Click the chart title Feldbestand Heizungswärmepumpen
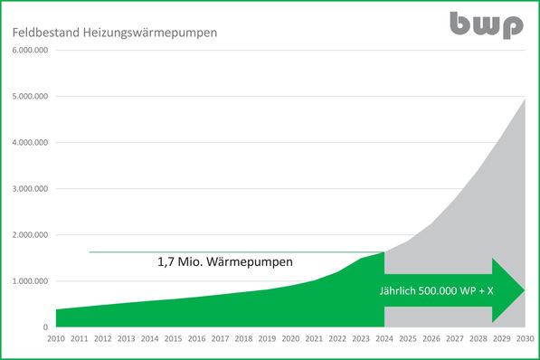(113, 33)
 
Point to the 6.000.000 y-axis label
(30, 50)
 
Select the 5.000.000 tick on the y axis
(30, 96)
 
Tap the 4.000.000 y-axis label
(30, 142)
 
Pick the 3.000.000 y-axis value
(30, 189)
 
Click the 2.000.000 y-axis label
(30, 235)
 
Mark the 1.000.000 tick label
(30, 281)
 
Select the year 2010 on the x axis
(55, 338)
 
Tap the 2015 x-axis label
(173, 338)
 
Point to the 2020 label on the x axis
(290, 338)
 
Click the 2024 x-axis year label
(384, 338)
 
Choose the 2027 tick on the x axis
(455, 338)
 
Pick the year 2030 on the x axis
(525, 338)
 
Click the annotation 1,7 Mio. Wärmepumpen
(225, 264)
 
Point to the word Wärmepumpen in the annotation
(251, 264)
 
